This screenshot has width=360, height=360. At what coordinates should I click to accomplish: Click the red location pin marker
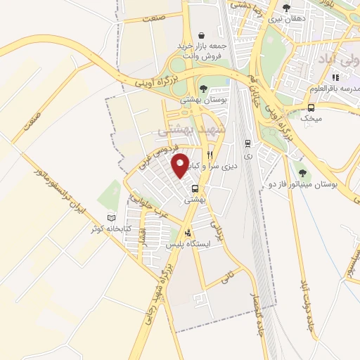tap(180, 165)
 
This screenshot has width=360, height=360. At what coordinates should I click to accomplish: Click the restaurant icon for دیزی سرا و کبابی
tap(210, 155)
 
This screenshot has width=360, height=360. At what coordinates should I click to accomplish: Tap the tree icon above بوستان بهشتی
tap(202, 89)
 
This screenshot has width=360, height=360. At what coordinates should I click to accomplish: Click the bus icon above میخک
tap(311, 107)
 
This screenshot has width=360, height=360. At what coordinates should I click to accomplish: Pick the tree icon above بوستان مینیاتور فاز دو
tap(302, 172)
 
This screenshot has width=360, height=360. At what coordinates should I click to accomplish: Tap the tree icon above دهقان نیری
tap(284, 9)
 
